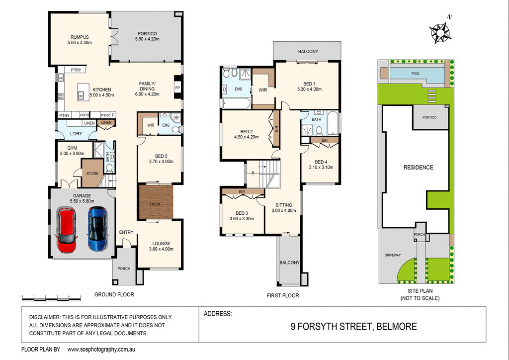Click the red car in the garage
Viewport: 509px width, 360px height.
[67, 229]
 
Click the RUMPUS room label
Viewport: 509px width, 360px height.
[80, 36]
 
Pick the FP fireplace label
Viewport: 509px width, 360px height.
[177, 88]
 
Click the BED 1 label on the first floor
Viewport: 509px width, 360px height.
[308, 83]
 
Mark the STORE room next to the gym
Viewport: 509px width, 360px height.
[92, 174]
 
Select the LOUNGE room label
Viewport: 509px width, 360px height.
[162, 243]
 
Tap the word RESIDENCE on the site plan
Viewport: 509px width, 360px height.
[418, 168]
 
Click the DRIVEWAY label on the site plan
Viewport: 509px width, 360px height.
[392, 255]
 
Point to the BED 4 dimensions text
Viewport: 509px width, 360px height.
[321, 167]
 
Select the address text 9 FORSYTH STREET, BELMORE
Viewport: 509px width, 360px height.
[353, 327]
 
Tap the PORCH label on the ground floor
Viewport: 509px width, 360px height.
[123, 269]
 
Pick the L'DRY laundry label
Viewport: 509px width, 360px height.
[76, 134]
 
